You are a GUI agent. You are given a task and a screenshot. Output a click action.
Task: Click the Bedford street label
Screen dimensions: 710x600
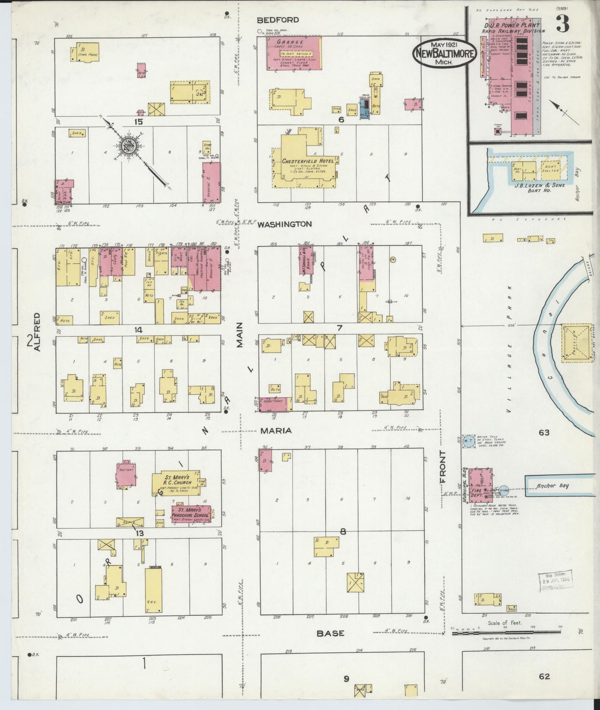(x=278, y=20)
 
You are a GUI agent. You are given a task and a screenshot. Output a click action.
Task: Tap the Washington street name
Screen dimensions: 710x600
(x=284, y=224)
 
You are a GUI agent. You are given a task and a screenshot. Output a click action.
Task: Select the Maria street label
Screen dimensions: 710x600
(x=276, y=431)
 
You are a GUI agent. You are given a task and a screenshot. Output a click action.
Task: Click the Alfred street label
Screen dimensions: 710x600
(x=37, y=332)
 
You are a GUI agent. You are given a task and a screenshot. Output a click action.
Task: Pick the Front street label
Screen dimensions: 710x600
(x=443, y=467)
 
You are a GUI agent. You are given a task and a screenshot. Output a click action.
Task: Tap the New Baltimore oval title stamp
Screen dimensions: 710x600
(x=444, y=53)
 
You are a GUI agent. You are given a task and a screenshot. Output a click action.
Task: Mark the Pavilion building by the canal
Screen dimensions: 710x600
(x=577, y=343)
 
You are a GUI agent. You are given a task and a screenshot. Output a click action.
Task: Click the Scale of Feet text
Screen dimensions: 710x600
(x=504, y=622)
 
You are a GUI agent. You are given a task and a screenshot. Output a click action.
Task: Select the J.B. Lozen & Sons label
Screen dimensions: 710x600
(x=539, y=185)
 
